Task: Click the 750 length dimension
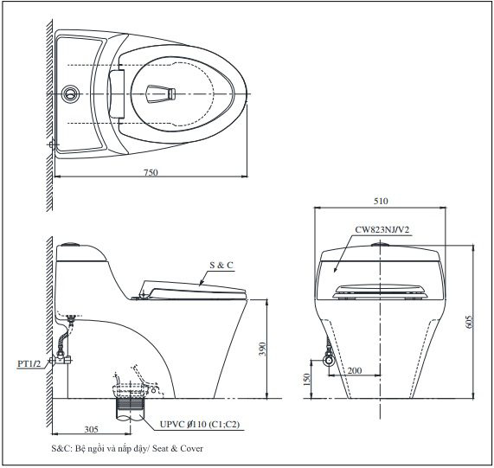[151, 174]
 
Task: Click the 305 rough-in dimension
[91, 428]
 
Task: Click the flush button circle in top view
[77, 92]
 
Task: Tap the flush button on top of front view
[379, 245]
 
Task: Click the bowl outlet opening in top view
[161, 91]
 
